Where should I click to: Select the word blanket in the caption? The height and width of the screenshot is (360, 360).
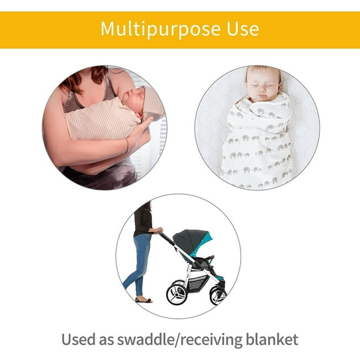[272, 339]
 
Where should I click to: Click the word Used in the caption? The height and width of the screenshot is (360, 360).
[78, 339]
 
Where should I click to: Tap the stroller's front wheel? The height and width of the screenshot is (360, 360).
[218, 295]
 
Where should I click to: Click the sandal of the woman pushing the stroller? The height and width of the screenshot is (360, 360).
[144, 300]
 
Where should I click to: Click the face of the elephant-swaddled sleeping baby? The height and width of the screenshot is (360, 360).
[263, 85]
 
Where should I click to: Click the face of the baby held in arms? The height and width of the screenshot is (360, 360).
[132, 99]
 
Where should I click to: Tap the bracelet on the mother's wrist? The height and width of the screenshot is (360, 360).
[127, 145]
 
